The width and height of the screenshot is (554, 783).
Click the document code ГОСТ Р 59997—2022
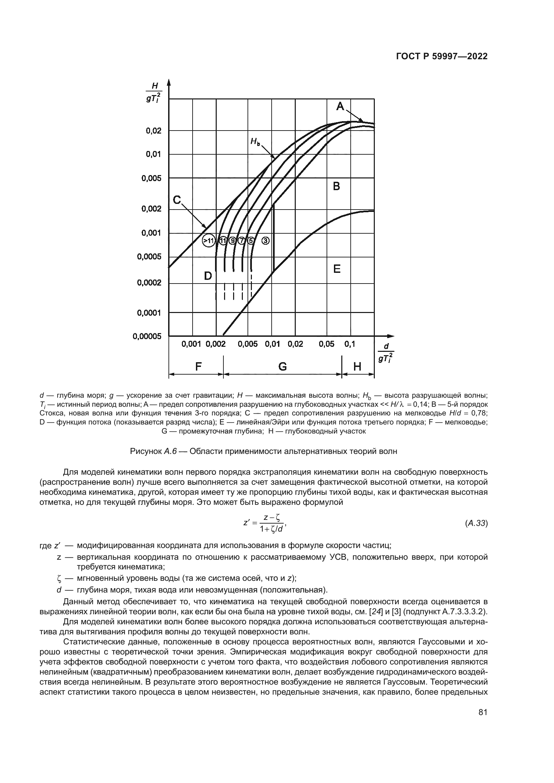pos(441,57)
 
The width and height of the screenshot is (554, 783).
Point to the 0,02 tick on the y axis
pos(153,131)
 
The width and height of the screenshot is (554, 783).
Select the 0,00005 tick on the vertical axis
pos(147,336)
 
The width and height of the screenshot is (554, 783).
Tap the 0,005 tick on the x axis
pos(248,344)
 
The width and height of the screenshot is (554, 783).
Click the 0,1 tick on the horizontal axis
pos(350,344)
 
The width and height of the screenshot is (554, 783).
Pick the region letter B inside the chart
pos(336,186)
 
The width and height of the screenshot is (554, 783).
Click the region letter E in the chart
pos(337,269)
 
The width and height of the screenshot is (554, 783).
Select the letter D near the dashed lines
pos(208,276)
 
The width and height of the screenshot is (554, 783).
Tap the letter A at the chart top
pos(340,107)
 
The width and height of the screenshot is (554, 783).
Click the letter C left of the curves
pos(177,200)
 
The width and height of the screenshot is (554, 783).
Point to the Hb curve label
pos(255,141)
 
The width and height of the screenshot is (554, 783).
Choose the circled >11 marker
pos(208,241)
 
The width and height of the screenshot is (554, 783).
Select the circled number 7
pos(241,241)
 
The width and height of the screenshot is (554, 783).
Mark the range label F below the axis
pos(198,367)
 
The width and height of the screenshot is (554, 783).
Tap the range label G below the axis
pos(282,367)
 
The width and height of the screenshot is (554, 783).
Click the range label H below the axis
pos(357,367)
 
